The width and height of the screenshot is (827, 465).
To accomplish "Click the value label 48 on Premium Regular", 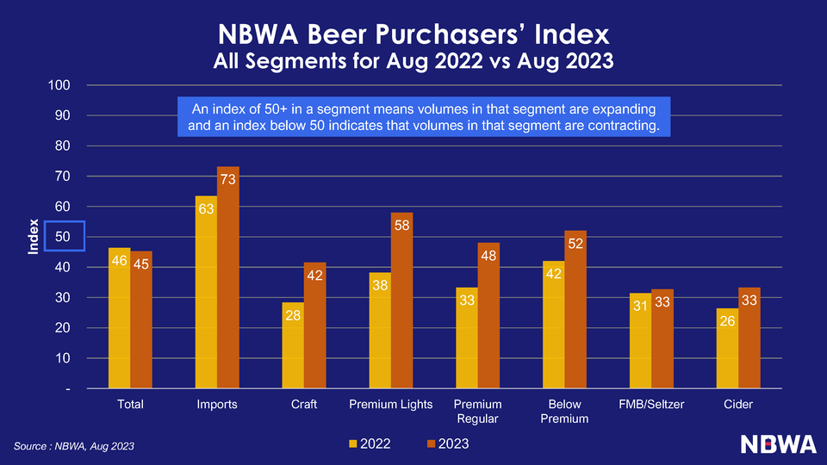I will tap(488, 255).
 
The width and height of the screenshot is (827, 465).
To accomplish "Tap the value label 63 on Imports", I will tap(206, 208).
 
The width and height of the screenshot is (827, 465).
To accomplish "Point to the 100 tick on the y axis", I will tap(59, 85).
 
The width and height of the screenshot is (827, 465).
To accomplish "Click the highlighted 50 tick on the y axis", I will tap(65, 237).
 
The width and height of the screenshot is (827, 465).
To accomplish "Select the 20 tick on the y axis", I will tap(63, 328).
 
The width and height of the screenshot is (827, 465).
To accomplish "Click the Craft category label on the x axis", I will tap(304, 404).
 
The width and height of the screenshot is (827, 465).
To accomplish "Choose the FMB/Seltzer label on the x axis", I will tap(651, 404).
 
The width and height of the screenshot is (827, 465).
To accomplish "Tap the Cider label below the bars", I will tap(738, 404).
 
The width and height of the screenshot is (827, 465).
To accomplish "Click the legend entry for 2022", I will tap(370, 443).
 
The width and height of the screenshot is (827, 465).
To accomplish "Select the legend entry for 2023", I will tap(448, 443).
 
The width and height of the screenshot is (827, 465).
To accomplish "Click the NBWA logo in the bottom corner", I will tap(778, 443).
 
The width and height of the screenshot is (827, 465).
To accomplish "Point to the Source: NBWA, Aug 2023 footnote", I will tap(74, 445).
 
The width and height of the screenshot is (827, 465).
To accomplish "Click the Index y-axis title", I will tap(33, 237).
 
